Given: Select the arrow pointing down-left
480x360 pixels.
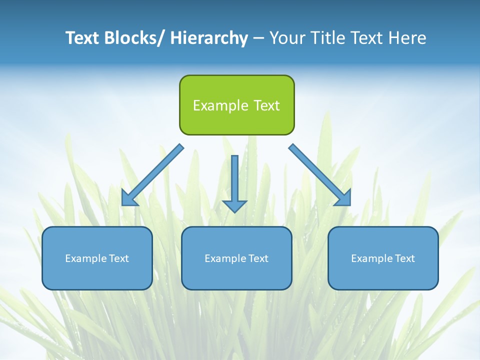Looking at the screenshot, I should [x=152, y=175].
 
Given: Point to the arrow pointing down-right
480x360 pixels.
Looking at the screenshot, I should [x=320, y=175].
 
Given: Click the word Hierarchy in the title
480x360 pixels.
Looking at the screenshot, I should [x=209, y=38].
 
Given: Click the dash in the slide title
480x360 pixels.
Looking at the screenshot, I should [x=258, y=38].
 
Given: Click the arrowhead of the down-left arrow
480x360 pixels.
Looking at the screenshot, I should [x=129, y=198].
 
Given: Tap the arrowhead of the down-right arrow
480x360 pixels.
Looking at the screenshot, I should [x=343, y=198].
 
